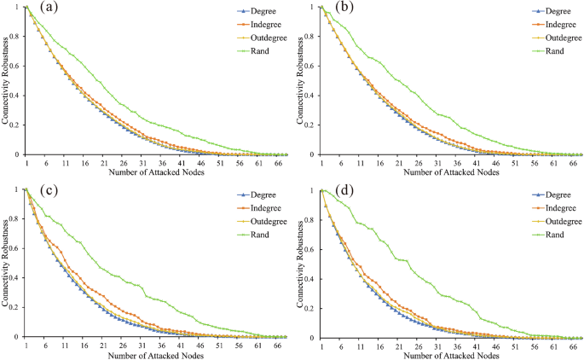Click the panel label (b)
click(x=338, y=11)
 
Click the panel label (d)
click(x=338, y=193)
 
